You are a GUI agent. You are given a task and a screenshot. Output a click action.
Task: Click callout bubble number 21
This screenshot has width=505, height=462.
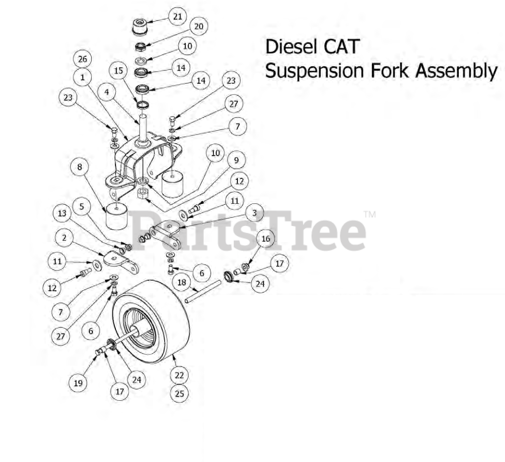coord(177,17)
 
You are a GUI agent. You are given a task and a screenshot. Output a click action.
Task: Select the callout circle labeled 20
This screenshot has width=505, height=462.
coord(198,27)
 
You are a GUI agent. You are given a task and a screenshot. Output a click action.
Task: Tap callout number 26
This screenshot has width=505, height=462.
coord(83,59)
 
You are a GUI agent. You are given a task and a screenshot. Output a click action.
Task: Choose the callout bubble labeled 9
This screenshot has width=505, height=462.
coord(236,161)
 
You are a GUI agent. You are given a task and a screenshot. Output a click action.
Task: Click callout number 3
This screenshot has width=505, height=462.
coord(255,213)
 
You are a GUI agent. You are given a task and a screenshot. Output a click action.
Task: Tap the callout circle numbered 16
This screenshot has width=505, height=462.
coord(266,239)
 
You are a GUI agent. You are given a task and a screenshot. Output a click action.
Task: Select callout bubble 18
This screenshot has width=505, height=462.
coord(182,283)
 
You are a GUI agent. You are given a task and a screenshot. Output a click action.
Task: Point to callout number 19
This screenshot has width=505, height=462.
coord(78,383)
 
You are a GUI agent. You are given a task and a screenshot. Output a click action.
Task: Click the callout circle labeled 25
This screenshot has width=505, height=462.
coord(180,394)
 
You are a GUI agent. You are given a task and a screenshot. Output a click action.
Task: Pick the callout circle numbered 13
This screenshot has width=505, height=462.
coord(62,213)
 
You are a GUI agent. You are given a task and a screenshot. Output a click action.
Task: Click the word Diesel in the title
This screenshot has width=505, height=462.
coord(292,47)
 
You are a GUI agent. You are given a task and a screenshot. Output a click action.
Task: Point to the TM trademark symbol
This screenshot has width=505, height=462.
coord(369,214)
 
